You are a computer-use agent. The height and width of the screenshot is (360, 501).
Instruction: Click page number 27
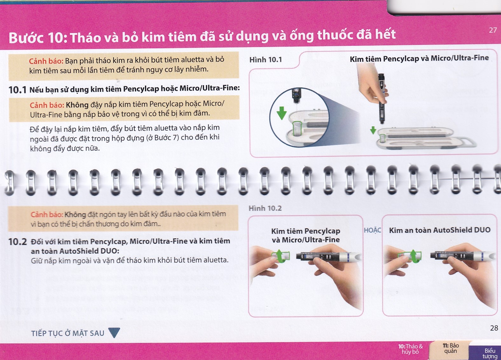click(x=493, y=30)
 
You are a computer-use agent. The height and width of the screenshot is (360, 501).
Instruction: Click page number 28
click(x=494, y=328)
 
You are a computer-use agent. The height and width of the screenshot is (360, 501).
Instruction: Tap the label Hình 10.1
click(x=265, y=60)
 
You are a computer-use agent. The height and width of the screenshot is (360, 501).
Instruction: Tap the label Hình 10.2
click(x=265, y=208)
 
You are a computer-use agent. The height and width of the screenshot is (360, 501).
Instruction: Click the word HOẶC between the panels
click(x=372, y=230)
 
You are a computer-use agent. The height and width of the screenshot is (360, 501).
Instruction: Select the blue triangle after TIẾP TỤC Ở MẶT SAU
click(x=114, y=333)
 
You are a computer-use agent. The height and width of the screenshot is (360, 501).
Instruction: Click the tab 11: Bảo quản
click(x=450, y=348)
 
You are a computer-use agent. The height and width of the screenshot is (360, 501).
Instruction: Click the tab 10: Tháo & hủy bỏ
click(x=410, y=349)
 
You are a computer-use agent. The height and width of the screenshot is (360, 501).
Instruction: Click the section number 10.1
click(x=17, y=90)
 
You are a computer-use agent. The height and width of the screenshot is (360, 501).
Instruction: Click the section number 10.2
click(x=17, y=242)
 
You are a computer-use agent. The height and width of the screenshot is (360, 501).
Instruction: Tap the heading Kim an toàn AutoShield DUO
click(x=440, y=230)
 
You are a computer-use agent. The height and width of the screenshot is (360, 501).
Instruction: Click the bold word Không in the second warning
click(x=77, y=105)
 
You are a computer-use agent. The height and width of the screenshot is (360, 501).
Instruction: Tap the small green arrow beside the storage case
click(x=373, y=130)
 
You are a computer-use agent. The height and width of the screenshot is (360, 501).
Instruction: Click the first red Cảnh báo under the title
click(x=46, y=61)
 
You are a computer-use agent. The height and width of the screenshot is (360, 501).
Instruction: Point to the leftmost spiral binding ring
click(x=10, y=182)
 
